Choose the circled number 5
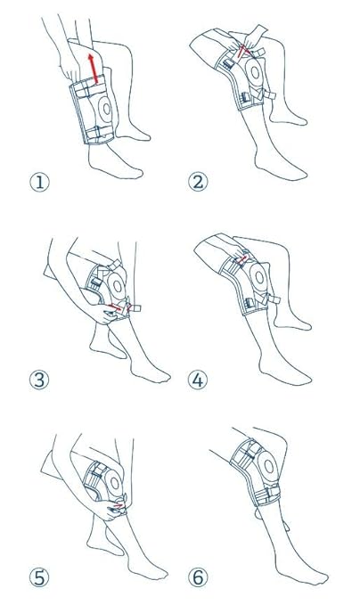pyautogui.click(x=38, y=577)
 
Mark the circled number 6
pyautogui.click(x=198, y=577)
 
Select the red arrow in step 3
pyautogui.click(x=116, y=307)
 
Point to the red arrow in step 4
pyautogui.click(x=240, y=263)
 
